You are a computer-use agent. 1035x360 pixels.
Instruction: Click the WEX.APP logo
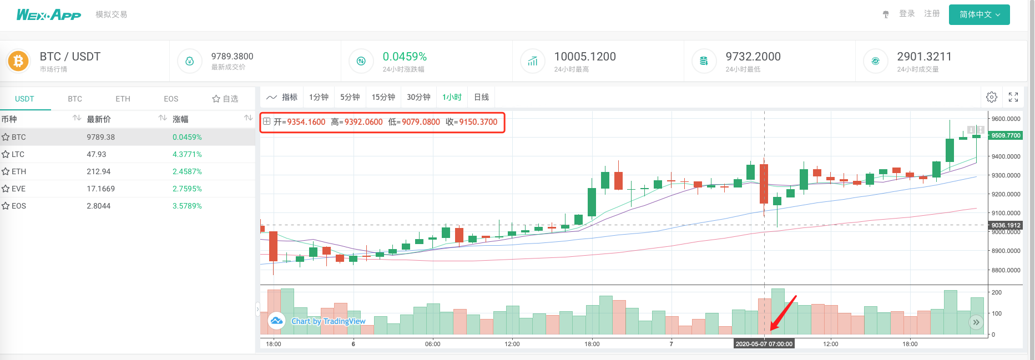pos(49,14)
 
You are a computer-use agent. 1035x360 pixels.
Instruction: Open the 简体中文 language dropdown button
pos(979,14)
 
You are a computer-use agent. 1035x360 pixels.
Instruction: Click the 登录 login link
pos(907,14)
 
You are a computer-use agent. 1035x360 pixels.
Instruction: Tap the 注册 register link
pos(932,14)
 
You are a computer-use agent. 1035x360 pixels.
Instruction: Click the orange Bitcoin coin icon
pos(18,61)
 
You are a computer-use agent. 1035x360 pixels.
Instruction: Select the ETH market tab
pos(123,99)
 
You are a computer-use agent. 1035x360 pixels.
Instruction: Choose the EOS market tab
pos(171,99)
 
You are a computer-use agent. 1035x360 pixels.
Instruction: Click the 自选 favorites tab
pos(225,99)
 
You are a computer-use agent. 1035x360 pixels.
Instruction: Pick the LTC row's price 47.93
pos(97,154)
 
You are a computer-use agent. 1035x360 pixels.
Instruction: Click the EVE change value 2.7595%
pos(187,189)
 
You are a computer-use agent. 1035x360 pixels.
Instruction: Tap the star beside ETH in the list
pos(6,171)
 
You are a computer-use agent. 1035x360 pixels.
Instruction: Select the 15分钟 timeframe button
pos(383,97)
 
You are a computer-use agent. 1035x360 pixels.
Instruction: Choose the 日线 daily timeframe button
pos(481,97)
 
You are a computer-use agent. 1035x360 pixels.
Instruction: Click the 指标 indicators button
pos(282,97)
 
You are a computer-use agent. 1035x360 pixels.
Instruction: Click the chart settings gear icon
pos(992,97)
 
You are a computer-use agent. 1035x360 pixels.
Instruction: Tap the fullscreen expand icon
pos(1013,97)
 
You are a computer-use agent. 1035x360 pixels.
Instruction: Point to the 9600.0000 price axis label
pos(1006,119)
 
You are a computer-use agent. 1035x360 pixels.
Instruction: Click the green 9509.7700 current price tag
pos(1006,135)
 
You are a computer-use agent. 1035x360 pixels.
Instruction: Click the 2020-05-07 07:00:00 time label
pos(764,344)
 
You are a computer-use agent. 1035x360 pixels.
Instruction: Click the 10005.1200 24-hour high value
pos(585,57)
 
